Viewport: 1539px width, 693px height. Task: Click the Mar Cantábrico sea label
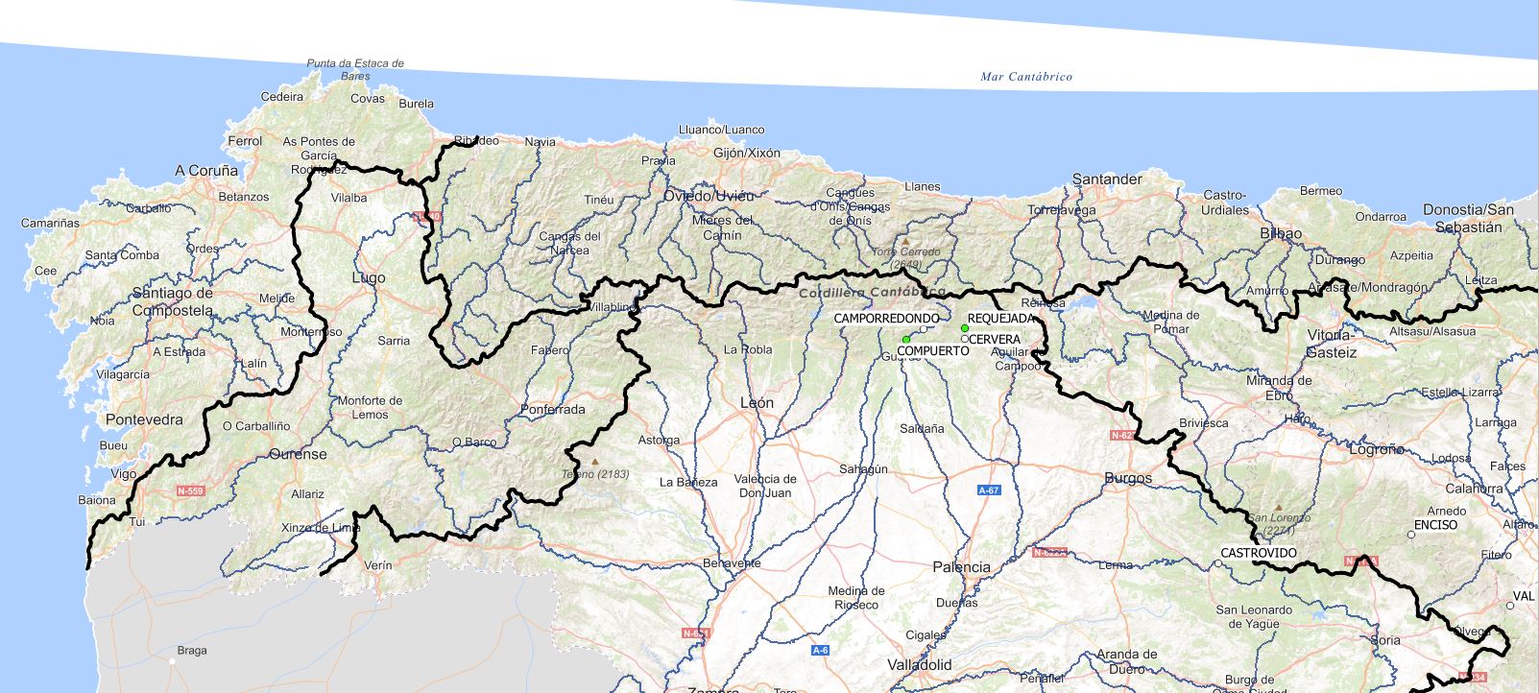click(1026, 77)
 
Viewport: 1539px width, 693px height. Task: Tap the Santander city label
click(1107, 179)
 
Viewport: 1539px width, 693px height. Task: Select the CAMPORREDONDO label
click(886, 318)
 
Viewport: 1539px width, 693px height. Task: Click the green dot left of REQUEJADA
click(965, 328)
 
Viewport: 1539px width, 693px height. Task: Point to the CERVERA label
click(995, 340)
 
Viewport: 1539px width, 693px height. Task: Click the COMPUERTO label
click(932, 351)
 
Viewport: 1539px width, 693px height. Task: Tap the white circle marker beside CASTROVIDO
click(1218, 563)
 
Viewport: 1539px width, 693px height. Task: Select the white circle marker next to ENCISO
click(1411, 535)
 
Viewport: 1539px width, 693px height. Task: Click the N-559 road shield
click(191, 490)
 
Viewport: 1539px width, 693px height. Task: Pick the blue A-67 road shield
click(989, 490)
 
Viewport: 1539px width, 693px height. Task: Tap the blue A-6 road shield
click(820, 650)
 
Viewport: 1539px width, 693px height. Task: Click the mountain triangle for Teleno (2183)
click(594, 462)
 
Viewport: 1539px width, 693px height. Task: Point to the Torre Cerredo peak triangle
click(903, 242)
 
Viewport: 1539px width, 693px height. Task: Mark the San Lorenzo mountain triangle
click(1278, 508)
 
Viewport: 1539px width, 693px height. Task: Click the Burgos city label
click(1128, 478)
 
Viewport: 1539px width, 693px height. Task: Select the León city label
click(757, 403)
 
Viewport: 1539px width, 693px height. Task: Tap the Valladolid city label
click(919, 664)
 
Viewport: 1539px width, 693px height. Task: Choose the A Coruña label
click(206, 171)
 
